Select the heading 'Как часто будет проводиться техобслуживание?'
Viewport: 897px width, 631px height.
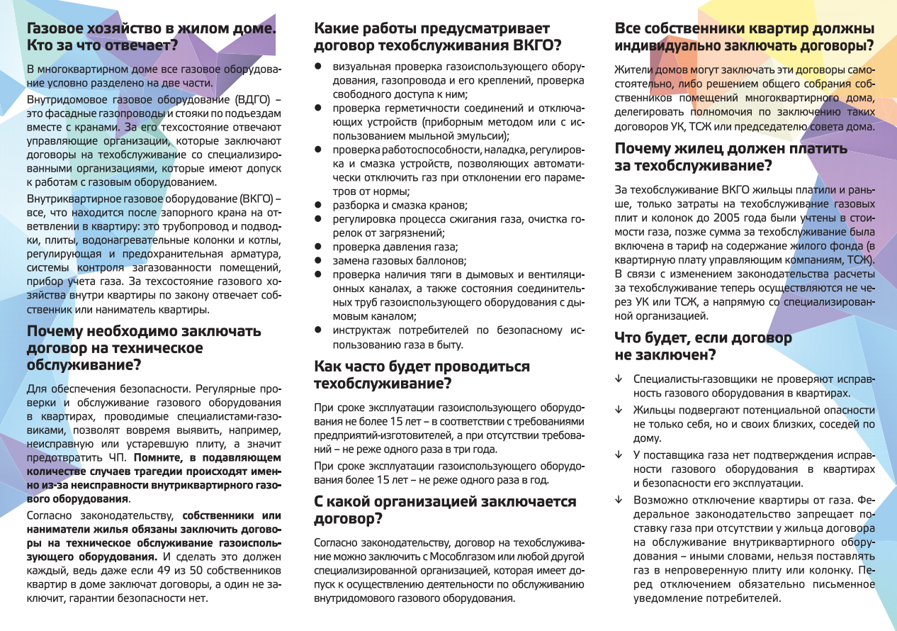[x=422, y=375]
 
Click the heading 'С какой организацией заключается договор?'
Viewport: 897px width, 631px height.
[x=445, y=510]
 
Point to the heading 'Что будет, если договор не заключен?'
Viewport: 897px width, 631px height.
[x=703, y=346]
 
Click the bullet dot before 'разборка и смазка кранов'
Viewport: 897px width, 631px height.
[x=319, y=205]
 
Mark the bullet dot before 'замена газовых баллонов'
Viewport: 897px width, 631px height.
[x=319, y=261]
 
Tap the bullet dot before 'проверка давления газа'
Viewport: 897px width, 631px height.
[x=319, y=247]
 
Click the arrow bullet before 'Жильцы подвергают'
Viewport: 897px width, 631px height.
[x=619, y=411]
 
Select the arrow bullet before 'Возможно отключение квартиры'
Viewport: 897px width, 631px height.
[x=619, y=500]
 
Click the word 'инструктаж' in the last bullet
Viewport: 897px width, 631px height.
[x=361, y=330]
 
